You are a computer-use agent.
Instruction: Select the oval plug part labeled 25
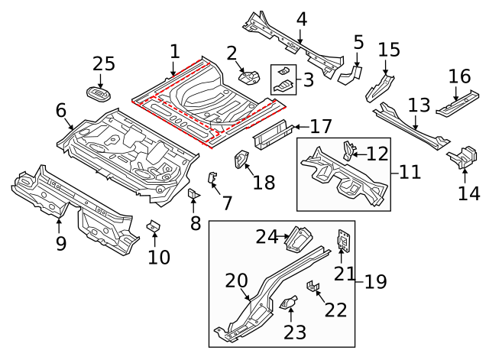point(99,94)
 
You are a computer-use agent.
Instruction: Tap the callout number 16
point(459,77)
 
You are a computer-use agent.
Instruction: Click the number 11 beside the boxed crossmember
point(410,171)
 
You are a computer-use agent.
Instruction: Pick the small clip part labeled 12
point(351,148)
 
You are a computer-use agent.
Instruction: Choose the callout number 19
point(375,282)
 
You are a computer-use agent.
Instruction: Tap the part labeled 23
point(290,304)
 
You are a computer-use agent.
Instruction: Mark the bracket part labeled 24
point(297,238)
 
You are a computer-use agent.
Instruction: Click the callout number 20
point(237,281)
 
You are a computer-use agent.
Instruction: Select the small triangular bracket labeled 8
point(193,194)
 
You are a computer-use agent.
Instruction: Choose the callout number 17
point(321,126)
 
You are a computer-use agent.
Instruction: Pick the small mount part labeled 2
point(249,76)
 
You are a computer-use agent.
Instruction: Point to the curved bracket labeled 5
point(351,73)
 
